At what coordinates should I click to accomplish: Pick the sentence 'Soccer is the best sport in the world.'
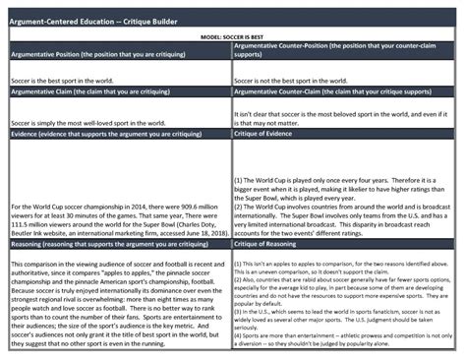pos(59,76)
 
